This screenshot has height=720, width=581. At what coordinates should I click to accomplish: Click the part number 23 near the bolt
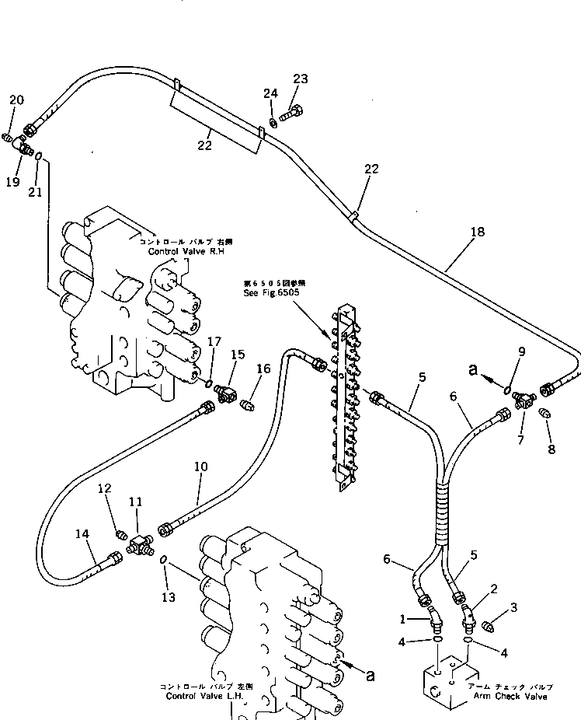pos(300,79)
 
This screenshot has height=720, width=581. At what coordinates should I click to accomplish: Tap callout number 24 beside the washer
pos(270,94)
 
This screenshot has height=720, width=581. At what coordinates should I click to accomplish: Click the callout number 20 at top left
pos(16,100)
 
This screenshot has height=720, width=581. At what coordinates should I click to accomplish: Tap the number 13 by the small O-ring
pos(169,597)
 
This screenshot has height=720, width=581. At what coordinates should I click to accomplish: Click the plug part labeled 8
pos(544,414)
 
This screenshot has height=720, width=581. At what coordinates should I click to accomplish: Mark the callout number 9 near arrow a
pos(522,351)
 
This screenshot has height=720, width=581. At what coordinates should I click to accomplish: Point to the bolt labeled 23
pos(288,117)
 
